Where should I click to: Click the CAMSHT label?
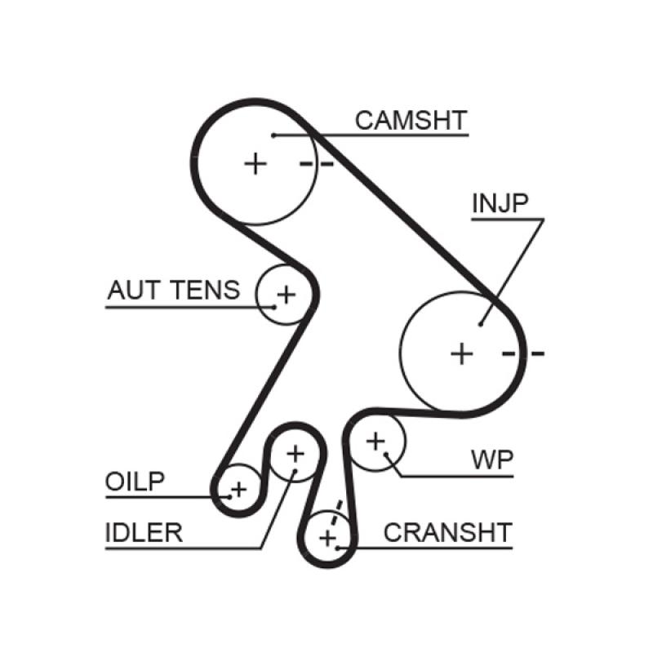click(411, 121)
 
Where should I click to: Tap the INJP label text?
click(500, 204)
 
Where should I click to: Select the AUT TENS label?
click(174, 290)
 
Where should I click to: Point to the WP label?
click(492, 460)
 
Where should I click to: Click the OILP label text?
click(135, 482)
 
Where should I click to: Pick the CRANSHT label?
click(447, 532)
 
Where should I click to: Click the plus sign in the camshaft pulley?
click(255, 163)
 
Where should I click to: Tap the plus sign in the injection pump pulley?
click(462, 353)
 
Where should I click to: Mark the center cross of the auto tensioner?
click(286, 293)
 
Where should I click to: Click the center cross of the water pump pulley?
click(375, 442)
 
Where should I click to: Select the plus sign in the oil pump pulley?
click(238, 490)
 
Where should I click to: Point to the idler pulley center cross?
click(295, 452)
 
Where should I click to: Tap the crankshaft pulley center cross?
click(327, 538)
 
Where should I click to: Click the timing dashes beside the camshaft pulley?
click(317, 164)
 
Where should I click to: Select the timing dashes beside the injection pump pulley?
click(523, 353)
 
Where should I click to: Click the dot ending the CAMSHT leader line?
click(276, 134)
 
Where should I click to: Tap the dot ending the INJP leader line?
click(482, 324)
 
